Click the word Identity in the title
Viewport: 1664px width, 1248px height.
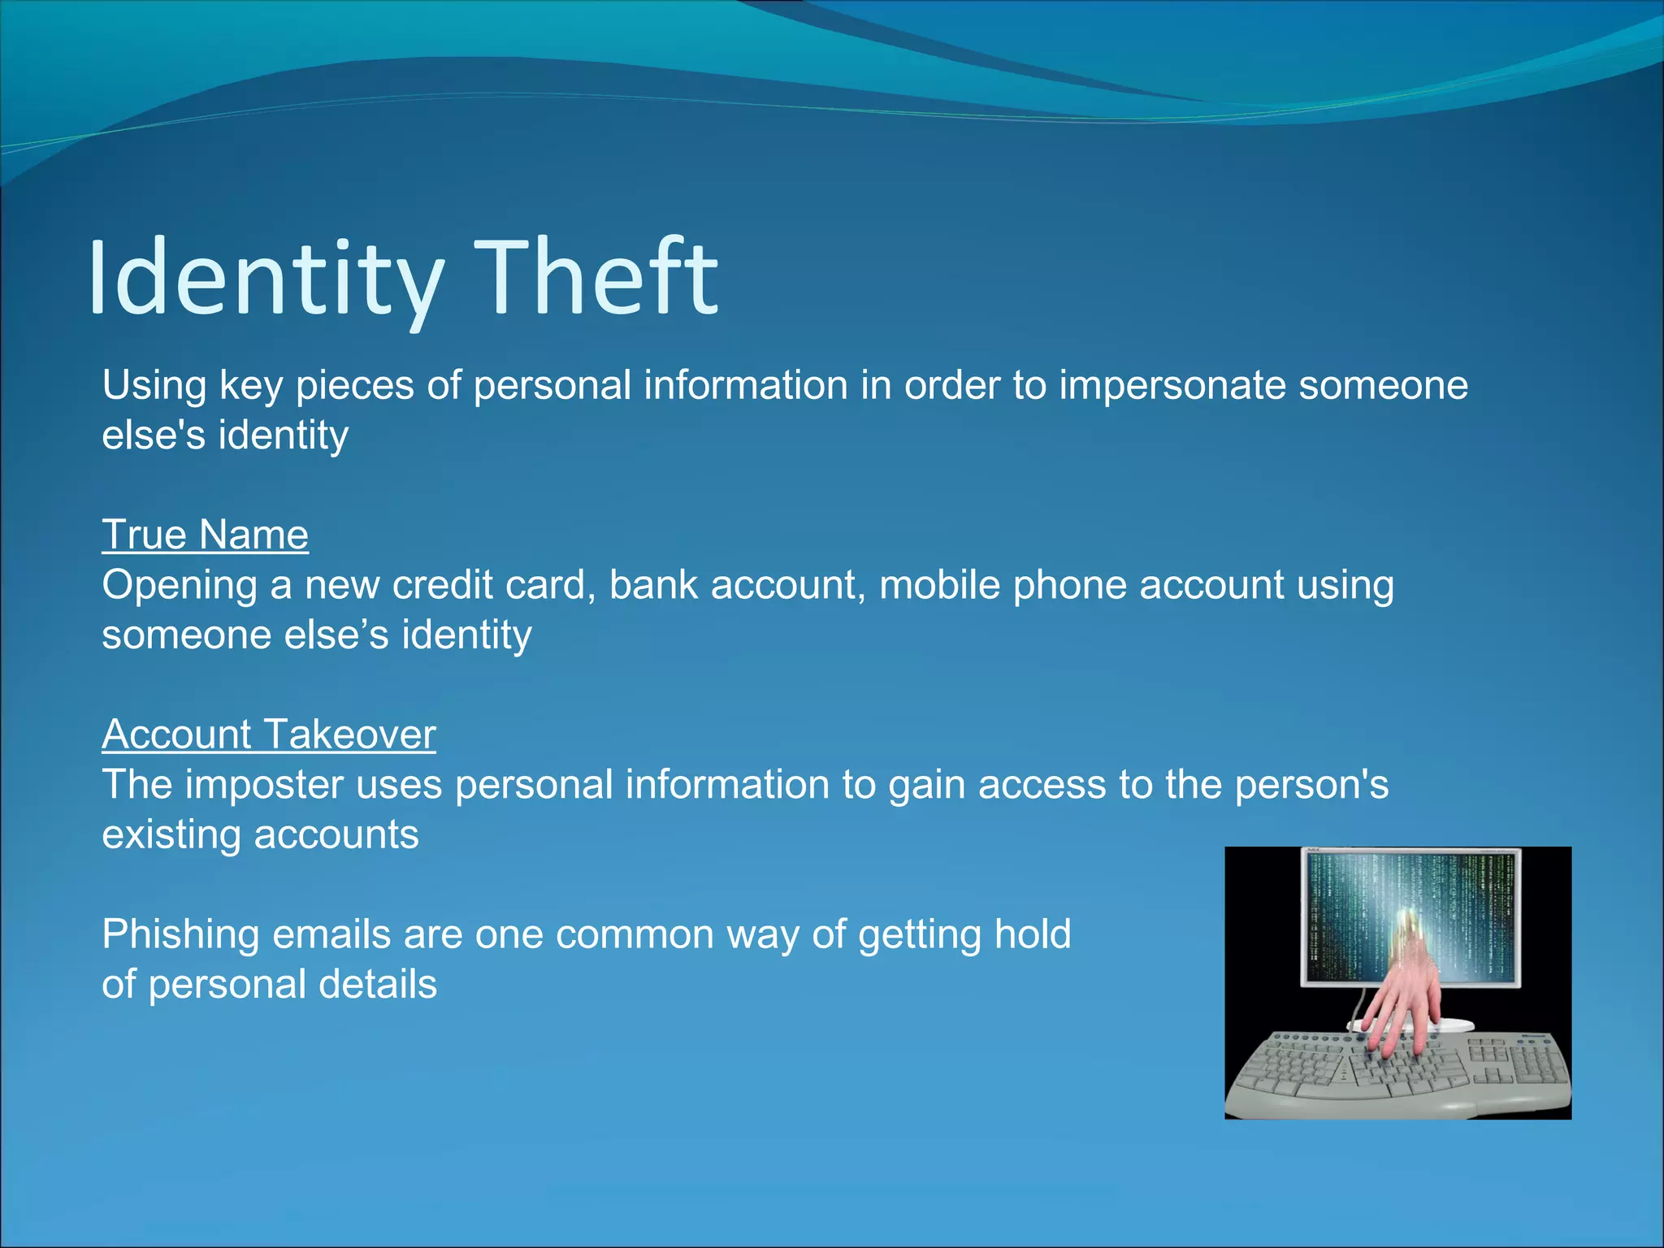click(x=265, y=277)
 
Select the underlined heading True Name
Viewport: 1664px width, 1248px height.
click(x=205, y=535)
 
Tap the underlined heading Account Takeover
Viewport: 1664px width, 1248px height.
click(x=268, y=734)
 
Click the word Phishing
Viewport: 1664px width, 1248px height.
click(x=180, y=935)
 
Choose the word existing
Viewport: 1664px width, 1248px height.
click(x=171, y=835)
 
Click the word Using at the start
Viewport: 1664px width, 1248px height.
click(x=154, y=386)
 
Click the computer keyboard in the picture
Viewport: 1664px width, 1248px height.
click(x=1397, y=1072)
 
